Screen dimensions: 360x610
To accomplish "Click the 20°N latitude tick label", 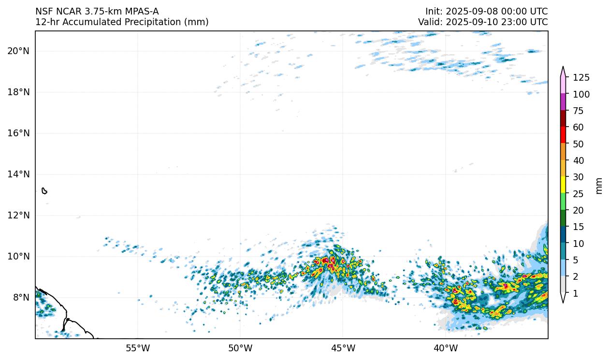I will click(x=18, y=51).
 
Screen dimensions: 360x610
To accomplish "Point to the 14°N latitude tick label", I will click(x=18, y=174).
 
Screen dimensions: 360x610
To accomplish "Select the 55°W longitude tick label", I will click(x=138, y=348).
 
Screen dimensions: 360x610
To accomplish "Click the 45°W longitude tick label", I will click(x=343, y=348).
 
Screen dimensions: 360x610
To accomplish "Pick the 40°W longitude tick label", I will click(x=445, y=348).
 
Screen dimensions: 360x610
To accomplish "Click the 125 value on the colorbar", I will click(x=581, y=77).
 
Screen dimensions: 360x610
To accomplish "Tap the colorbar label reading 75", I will click(x=579, y=111).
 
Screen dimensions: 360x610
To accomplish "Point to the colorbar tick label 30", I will click(x=579, y=177).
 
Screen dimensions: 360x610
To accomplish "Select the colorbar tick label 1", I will click(x=576, y=293).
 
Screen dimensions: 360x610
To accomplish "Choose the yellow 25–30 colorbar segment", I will click(x=563, y=185).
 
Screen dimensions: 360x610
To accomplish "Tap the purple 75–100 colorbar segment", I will click(x=563, y=102).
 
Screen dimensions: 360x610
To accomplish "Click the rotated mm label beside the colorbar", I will click(x=599, y=186).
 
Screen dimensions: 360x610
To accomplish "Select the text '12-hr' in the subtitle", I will click(x=45, y=22).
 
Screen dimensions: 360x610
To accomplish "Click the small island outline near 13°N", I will click(x=44, y=191).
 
